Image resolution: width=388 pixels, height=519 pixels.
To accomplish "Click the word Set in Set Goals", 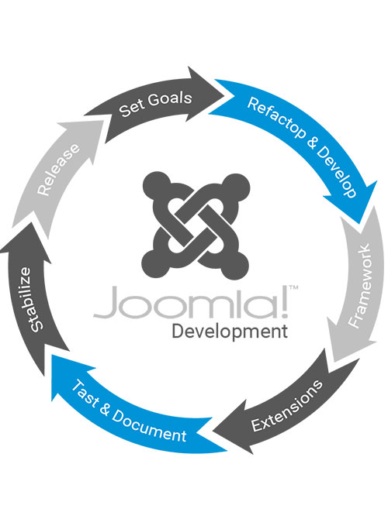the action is coord(131,108).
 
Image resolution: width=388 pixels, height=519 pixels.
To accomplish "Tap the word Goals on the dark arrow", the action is coord(170,98).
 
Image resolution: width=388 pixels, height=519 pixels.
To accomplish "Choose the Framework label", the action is coord(360,286).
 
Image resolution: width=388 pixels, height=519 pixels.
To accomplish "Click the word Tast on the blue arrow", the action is coord(85,393).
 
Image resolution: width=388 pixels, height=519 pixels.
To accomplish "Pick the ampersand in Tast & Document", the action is coord(105,409).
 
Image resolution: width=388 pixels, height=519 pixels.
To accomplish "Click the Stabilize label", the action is coord(32,300).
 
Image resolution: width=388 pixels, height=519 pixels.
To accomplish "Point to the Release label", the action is coord(58,170).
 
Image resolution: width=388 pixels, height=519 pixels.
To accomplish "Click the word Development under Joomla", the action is coord(230,332).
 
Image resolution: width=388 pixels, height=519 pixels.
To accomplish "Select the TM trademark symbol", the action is coord(293,287).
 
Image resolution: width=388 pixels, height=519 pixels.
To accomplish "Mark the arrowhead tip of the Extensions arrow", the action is coord(213,432).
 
